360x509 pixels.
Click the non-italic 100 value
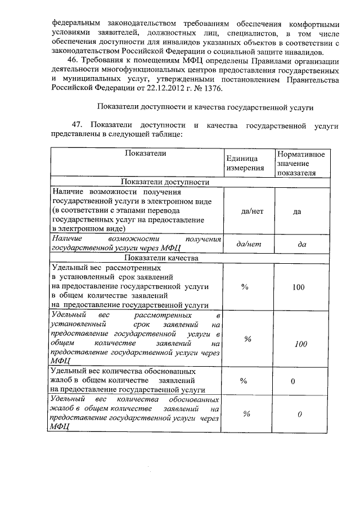click(299, 287)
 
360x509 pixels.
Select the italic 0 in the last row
click(300, 415)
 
